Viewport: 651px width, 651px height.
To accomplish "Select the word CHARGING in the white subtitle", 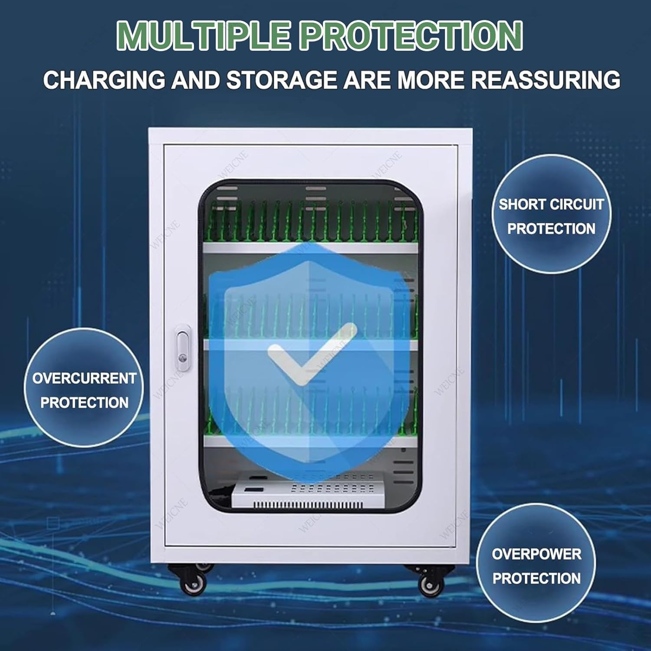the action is pos(104,80).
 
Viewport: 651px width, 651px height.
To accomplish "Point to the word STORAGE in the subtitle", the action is pos(282,80).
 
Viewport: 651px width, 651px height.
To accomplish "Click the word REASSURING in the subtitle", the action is pos(546,80).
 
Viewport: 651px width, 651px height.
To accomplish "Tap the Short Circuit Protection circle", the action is pos(551,214).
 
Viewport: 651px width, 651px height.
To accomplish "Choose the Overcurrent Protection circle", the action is pos(84,388).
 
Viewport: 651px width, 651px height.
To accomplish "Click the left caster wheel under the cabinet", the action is pos(193,584).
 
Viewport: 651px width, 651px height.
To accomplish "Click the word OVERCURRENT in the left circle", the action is pos(84,378).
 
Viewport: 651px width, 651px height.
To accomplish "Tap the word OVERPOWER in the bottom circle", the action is pos(536,554).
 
